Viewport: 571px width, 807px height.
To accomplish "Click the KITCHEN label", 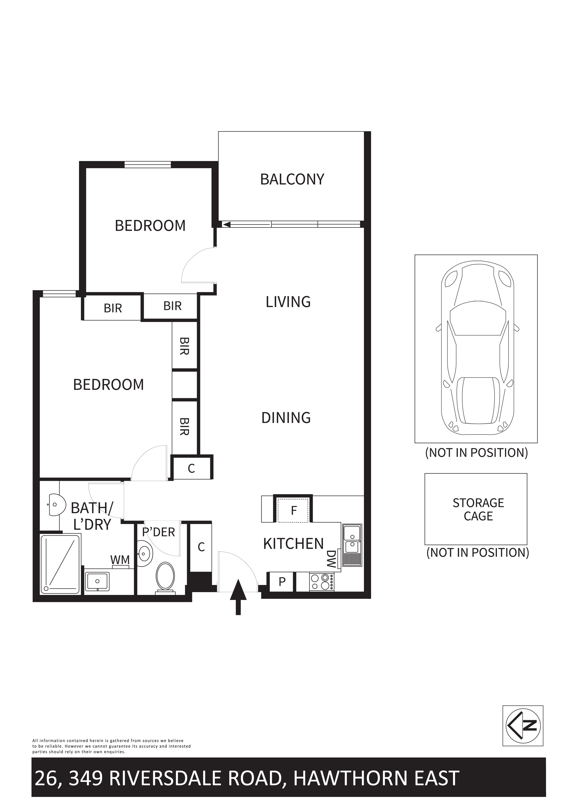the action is (293, 544).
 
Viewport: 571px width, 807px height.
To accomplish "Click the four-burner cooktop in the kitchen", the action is (322, 582).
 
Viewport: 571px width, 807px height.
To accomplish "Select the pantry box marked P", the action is (282, 582).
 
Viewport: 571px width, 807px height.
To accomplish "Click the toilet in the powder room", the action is (165, 578).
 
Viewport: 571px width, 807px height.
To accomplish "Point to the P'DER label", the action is (158, 532).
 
